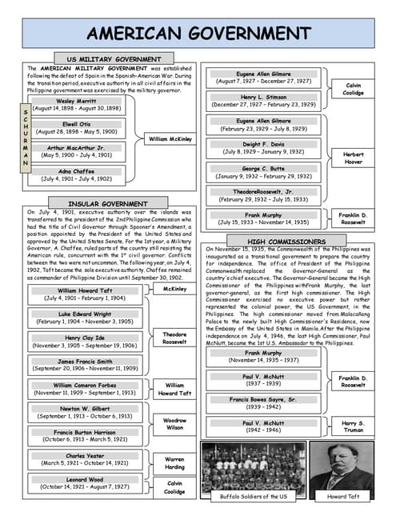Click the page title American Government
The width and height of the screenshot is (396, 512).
click(x=198, y=33)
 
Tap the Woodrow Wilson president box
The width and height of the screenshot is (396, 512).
click(x=174, y=424)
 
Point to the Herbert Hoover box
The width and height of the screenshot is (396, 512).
click(x=353, y=158)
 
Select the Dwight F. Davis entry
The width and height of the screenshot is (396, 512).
click(x=262, y=147)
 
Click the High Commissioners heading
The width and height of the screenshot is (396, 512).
click(x=286, y=242)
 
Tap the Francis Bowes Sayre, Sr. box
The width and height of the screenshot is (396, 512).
click(x=262, y=402)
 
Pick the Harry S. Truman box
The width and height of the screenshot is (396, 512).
click(x=353, y=427)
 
